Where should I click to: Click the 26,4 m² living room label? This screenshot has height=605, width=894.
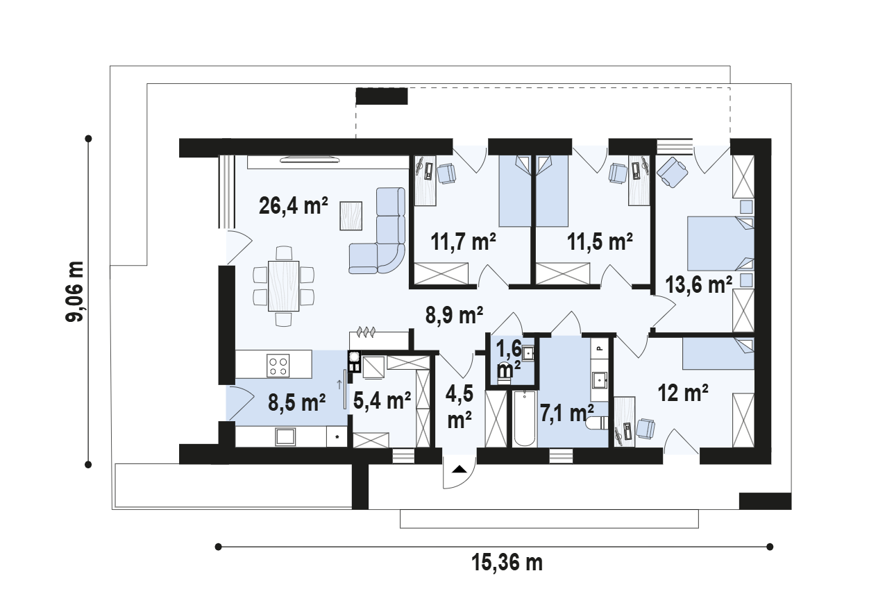coord(294,206)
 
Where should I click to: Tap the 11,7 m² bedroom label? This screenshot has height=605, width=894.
coord(464,241)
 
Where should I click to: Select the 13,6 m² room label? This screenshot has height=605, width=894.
coord(698,284)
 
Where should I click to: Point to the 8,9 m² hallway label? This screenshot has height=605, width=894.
coord(454,315)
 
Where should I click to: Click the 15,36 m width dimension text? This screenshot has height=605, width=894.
coord(507,562)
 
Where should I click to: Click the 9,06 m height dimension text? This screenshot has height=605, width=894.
coord(75,291)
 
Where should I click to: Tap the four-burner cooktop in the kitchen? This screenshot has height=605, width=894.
coord(278,366)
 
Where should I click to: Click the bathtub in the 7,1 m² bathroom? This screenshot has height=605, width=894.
coord(525,419)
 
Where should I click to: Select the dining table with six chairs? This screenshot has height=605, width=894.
coord(283,286)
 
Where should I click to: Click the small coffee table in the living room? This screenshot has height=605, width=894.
coord(351,216)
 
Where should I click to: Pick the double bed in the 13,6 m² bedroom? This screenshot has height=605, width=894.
coord(720,244)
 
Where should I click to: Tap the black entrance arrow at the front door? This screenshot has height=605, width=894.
coord(459,470)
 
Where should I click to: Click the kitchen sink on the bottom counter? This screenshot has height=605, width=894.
coord(285,436)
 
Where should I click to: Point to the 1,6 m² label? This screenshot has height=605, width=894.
coord(509,359)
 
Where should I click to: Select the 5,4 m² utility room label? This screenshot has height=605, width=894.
coord(382,401)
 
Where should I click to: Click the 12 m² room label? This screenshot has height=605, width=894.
coord(683,393)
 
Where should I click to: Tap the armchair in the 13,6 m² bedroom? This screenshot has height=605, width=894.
coord(672,172)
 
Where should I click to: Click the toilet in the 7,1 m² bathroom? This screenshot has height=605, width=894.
coord(597,423)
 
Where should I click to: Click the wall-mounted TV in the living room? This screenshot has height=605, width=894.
coord(310,160)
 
